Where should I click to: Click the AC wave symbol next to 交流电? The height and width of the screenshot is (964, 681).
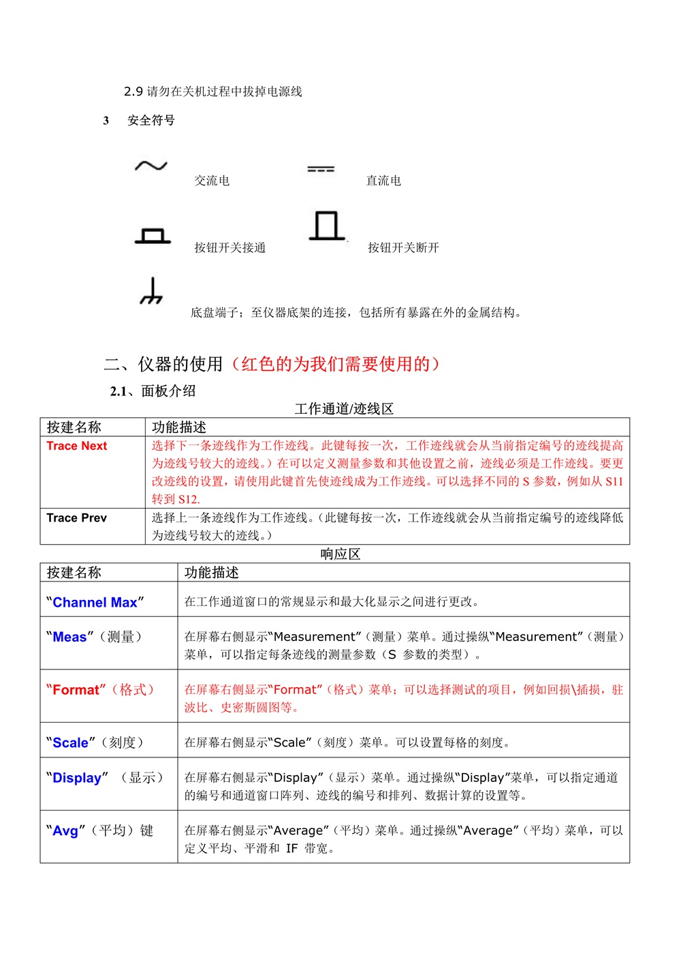click(x=151, y=166)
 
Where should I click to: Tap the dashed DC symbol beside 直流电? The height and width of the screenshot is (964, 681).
click(x=321, y=169)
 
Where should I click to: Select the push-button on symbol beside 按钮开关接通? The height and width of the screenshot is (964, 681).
click(x=153, y=236)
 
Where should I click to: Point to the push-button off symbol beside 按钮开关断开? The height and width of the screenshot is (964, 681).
click(x=327, y=226)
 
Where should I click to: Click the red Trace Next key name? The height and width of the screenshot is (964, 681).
click(x=77, y=446)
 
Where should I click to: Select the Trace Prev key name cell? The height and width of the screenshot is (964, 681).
click(x=77, y=518)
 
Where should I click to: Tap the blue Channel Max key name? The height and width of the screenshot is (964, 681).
click(x=95, y=603)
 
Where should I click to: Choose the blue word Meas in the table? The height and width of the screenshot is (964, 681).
click(x=69, y=637)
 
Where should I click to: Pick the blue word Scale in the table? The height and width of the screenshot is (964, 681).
click(x=70, y=743)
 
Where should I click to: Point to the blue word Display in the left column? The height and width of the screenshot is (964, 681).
click(x=77, y=779)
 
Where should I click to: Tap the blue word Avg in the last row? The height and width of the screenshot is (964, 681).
click(x=65, y=831)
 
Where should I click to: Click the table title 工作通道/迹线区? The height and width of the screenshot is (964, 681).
click(x=344, y=409)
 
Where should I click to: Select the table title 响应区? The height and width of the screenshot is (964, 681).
click(x=340, y=554)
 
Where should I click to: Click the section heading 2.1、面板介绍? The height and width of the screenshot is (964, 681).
click(x=153, y=391)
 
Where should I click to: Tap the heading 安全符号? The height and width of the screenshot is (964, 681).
click(x=151, y=121)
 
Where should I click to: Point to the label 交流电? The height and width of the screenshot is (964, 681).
click(x=212, y=181)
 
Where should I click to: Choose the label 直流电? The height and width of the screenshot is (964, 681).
click(x=383, y=181)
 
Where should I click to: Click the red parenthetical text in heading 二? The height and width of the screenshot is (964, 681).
click(x=336, y=364)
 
